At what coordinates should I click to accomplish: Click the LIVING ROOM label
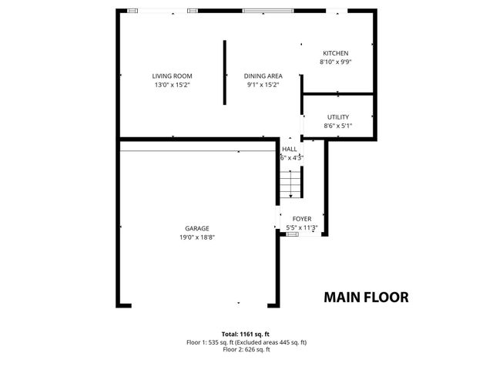[x=172, y=76]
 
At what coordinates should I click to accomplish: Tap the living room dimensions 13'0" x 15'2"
[x=172, y=85]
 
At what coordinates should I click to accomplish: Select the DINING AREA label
[x=263, y=76]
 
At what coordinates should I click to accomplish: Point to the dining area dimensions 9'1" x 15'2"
[x=263, y=85]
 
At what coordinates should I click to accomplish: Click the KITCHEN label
[x=336, y=53]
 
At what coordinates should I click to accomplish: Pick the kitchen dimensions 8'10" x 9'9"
[x=336, y=62]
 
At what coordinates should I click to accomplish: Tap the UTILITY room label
[x=338, y=117]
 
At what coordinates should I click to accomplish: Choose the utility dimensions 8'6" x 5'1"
[x=338, y=126]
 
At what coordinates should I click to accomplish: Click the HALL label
[x=290, y=149]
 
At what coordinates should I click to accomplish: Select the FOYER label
[x=302, y=219]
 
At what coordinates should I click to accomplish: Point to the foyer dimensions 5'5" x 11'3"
[x=302, y=228]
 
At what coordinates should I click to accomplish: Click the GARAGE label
[x=197, y=228]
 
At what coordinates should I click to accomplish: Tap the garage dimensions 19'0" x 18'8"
[x=197, y=237]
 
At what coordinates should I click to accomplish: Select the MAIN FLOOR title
[x=366, y=297]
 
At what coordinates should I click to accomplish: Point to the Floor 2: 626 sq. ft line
[x=246, y=350]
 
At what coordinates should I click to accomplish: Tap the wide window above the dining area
[x=267, y=10]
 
